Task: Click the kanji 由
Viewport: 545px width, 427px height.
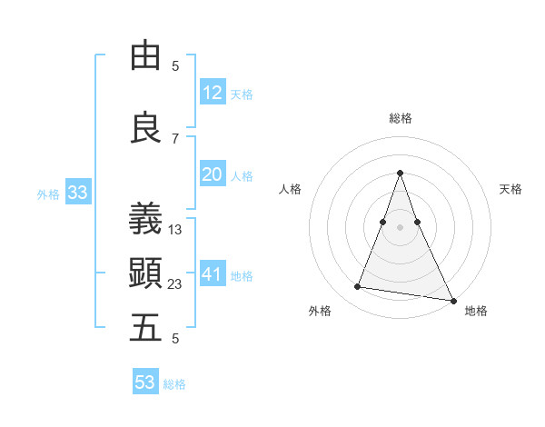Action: point(145,56)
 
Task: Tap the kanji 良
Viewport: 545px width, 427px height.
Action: point(145,128)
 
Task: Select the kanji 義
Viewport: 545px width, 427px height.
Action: point(145,218)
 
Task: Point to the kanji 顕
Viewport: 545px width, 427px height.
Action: point(145,272)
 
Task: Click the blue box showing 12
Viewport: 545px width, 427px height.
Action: point(213,93)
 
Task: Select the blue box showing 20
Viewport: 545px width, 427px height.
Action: point(213,175)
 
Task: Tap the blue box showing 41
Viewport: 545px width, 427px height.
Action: point(213,274)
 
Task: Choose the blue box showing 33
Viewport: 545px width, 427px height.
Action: point(77,193)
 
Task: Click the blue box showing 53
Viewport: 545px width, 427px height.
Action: point(145,382)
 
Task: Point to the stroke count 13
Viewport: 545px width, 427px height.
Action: point(175,230)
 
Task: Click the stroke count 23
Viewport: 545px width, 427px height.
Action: point(175,284)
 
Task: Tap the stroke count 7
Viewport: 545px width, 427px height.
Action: point(175,138)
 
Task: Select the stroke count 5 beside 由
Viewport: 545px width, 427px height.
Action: point(175,66)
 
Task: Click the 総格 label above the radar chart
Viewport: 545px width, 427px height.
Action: point(401,118)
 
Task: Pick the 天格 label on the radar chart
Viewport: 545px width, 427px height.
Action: point(510,189)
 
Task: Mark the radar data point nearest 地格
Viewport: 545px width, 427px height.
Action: point(452,301)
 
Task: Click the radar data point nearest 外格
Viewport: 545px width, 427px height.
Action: point(358,287)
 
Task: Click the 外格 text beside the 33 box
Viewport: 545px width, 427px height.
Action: point(48,194)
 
